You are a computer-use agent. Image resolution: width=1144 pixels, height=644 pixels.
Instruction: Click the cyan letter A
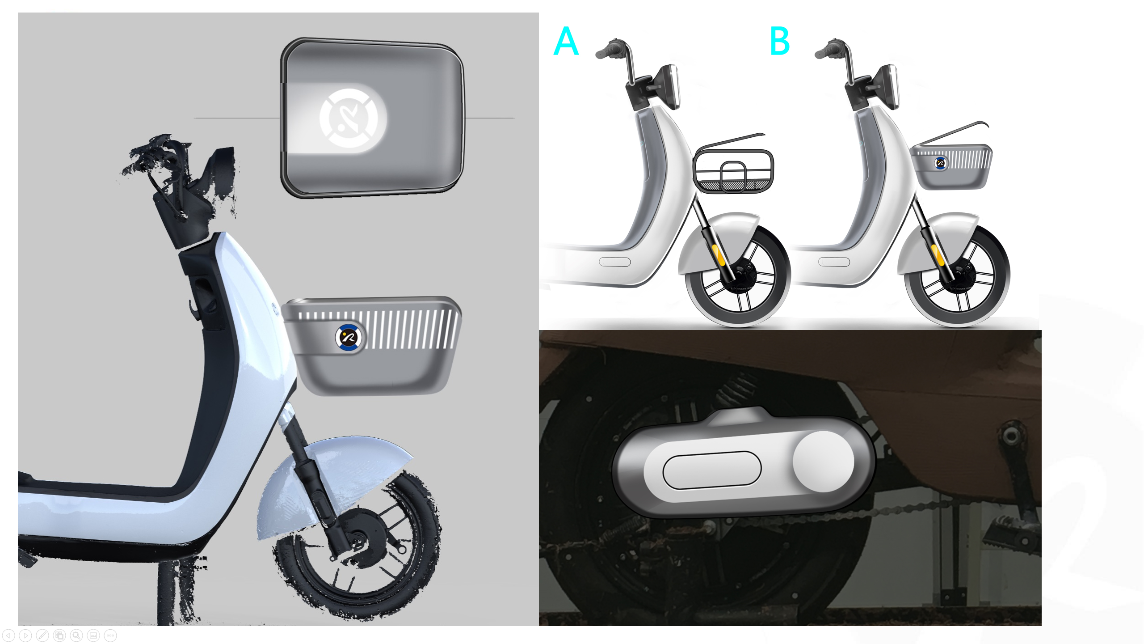(x=566, y=41)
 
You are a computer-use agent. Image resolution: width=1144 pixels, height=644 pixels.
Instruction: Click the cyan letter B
(x=780, y=41)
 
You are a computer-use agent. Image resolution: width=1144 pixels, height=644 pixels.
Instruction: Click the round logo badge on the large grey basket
(x=348, y=337)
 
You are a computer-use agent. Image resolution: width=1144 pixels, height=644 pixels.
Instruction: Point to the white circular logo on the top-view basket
(x=353, y=118)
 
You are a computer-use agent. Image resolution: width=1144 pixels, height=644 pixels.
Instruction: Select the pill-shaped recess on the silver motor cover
(x=711, y=470)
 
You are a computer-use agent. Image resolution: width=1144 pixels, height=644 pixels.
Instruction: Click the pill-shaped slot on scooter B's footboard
(x=834, y=262)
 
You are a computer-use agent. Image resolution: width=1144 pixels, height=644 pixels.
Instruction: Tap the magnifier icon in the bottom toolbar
(x=76, y=635)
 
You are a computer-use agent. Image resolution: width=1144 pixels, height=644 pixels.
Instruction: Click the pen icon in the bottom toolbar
(x=42, y=635)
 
